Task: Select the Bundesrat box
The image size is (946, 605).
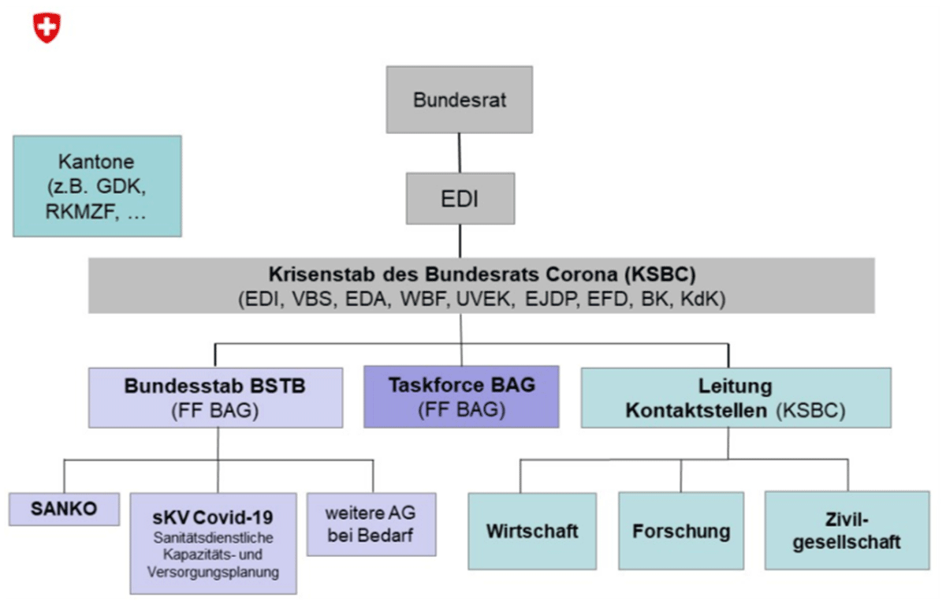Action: [459, 99]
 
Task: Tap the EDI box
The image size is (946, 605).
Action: [460, 199]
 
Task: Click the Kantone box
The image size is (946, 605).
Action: [97, 186]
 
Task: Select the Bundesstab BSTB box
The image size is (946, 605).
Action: [215, 397]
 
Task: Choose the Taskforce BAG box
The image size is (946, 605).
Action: [461, 396]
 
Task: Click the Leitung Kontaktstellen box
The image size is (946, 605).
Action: [736, 398]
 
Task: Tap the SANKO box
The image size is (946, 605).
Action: [64, 509]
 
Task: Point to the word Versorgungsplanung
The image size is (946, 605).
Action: [213, 573]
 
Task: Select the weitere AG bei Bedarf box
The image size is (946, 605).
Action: [371, 524]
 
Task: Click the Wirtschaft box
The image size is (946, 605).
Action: [532, 531]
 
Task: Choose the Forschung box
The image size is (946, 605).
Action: [680, 531]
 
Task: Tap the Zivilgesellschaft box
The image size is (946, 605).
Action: [847, 530]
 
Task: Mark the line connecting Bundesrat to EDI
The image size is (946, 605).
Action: [460, 152]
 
